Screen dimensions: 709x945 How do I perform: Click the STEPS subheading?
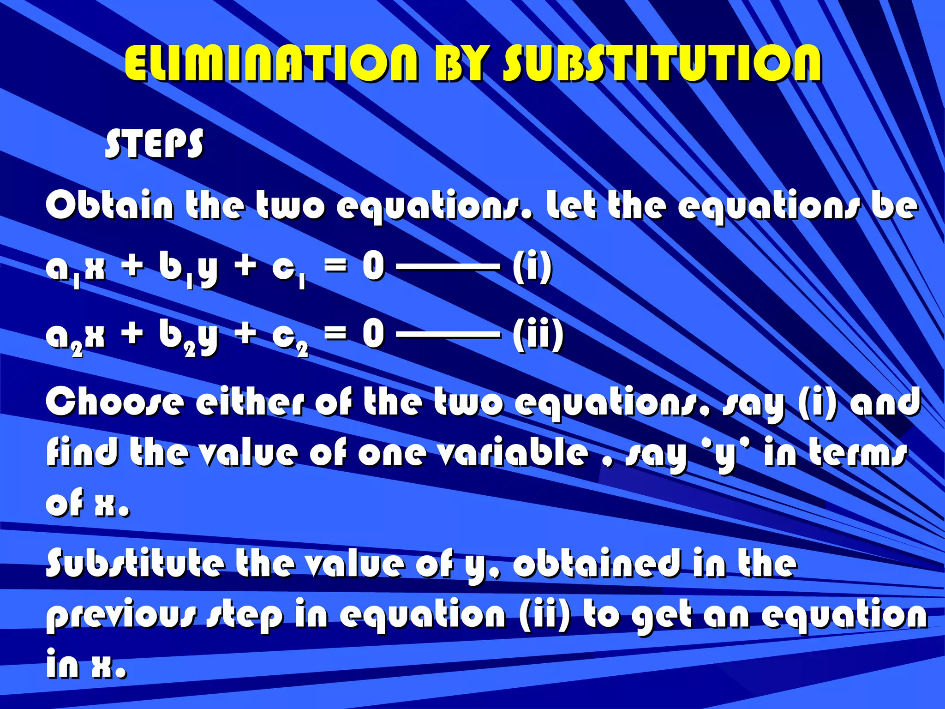(154, 144)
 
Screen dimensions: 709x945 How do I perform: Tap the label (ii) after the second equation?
(538, 334)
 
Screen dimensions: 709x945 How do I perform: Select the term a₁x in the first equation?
(76, 269)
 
